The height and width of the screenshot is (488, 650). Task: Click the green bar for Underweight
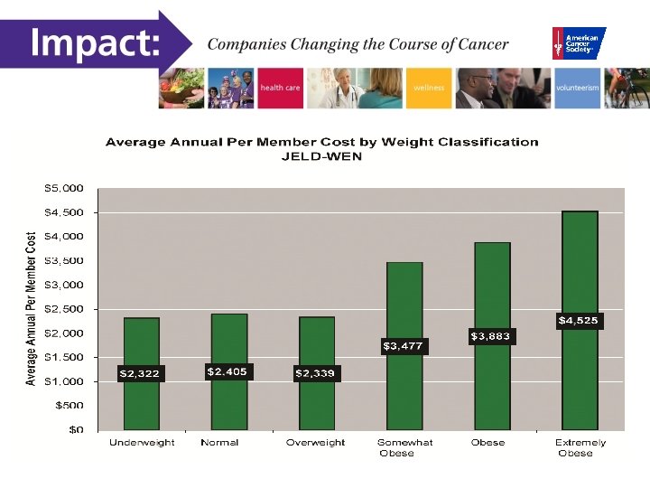coord(142,343)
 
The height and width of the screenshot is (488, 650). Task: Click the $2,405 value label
coord(227,371)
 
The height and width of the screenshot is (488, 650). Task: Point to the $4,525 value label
coord(578,320)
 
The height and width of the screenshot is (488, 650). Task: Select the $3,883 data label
coord(491,336)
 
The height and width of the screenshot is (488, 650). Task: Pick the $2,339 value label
coord(316,373)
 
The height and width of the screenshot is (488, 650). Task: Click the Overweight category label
coord(315,443)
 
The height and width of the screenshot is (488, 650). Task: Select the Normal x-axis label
coord(219,443)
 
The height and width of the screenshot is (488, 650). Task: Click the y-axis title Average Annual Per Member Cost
coord(32,308)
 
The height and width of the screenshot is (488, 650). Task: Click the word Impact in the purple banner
coord(94,42)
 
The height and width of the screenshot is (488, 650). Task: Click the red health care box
coord(280,89)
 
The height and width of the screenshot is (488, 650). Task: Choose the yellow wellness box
coord(430,89)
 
